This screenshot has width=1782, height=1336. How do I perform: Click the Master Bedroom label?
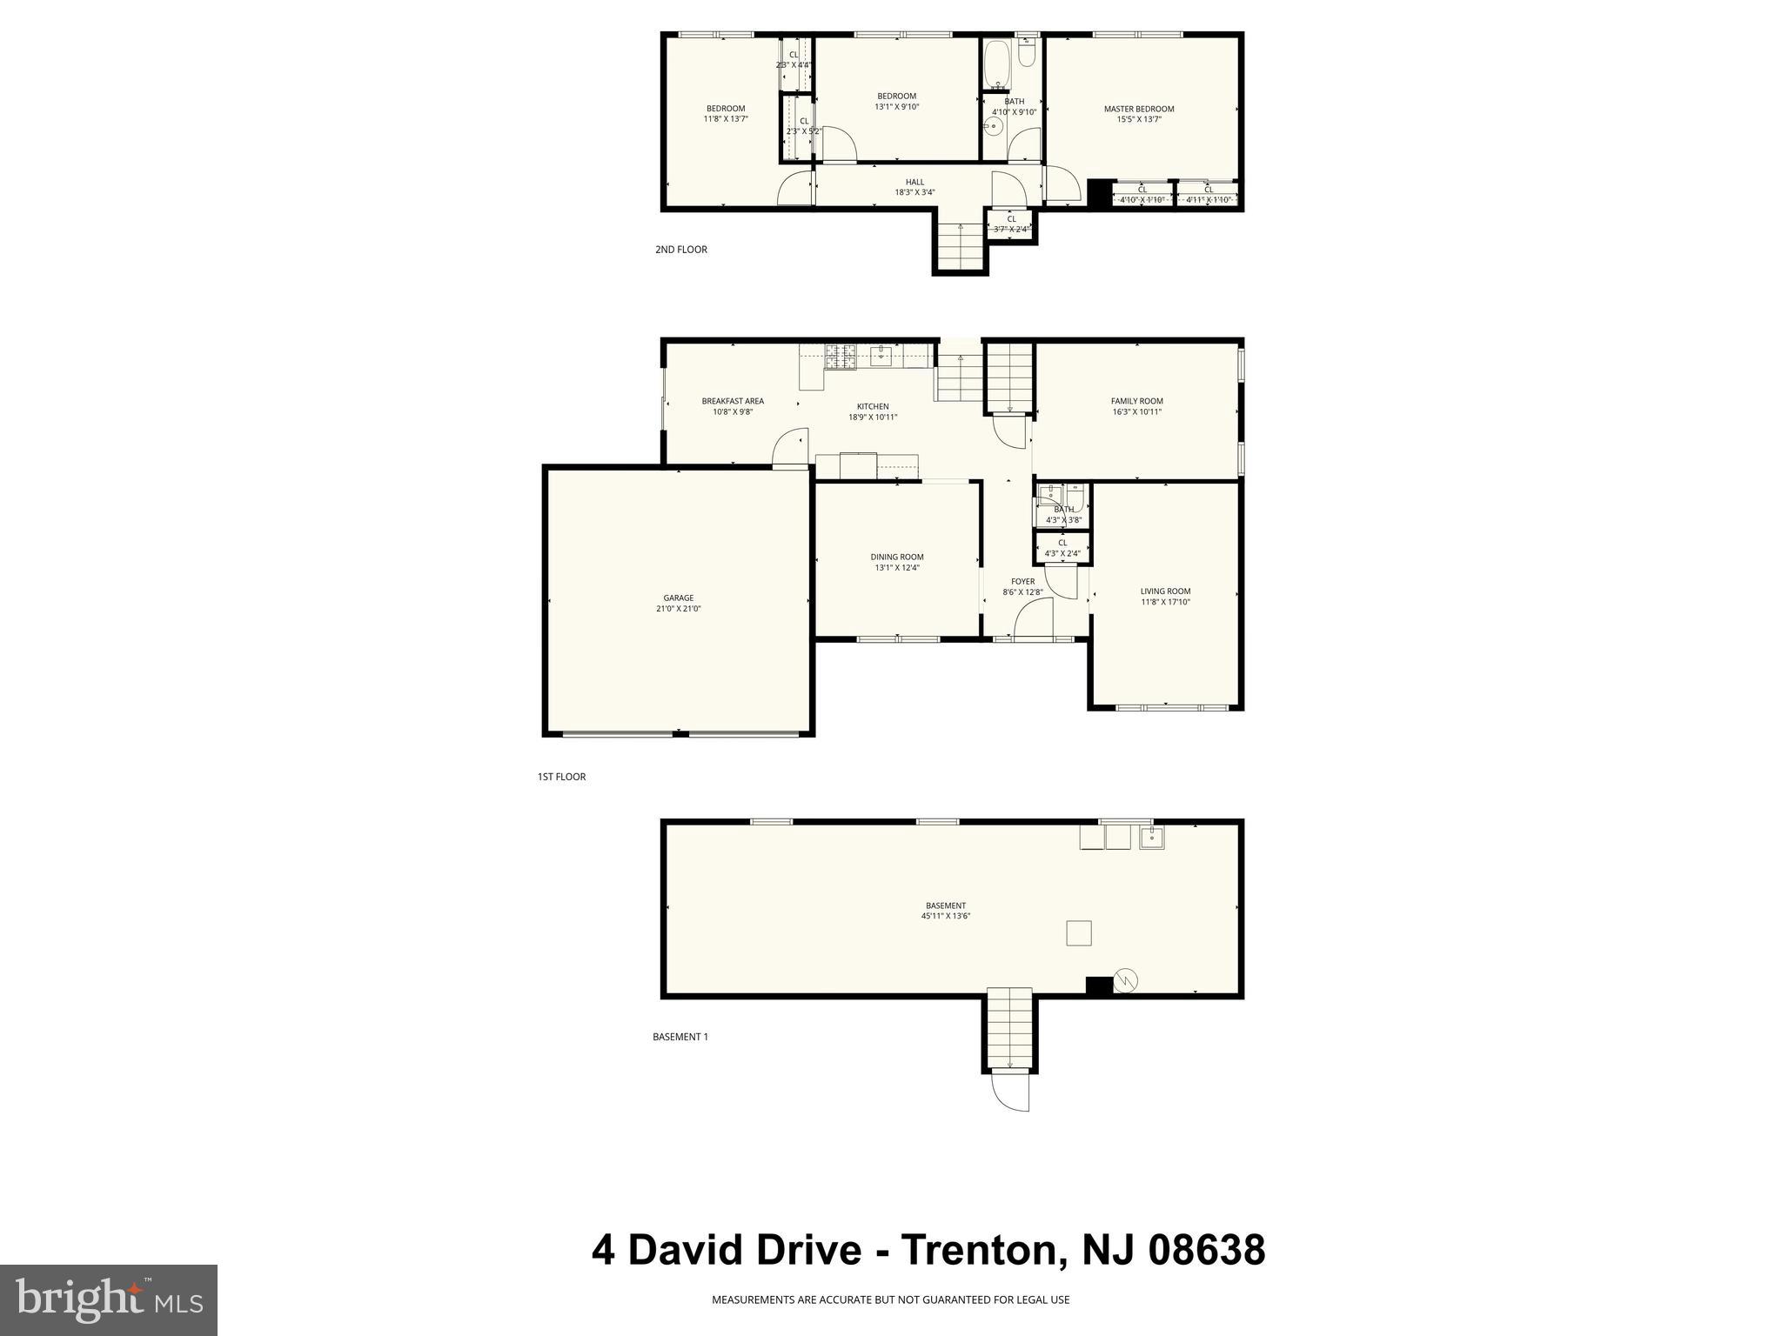click(1138, 109)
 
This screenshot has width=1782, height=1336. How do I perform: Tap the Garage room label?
click(678, 598)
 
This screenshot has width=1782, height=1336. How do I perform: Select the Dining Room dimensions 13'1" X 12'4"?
click(896, 568)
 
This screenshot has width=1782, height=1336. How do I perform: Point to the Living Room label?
click(1165, 591)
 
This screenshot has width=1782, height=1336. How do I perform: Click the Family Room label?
click(1136, 401)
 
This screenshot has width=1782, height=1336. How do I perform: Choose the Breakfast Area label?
click(733, 401)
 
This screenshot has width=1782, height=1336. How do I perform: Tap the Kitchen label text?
click(873, 406)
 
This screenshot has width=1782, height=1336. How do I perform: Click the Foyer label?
click(1022, 581)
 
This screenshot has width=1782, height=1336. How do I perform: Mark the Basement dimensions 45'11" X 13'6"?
click(945, 916)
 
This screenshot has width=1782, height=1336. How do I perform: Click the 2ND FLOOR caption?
click(680, 250)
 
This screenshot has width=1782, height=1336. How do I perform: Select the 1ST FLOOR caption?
click(561, 777)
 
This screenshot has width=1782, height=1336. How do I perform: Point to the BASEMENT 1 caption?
click(680, 1037)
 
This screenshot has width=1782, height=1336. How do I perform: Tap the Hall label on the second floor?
click(914, 182)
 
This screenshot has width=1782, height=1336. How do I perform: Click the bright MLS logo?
click(109, 1300)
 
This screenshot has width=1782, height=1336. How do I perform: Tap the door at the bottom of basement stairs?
click(1010, 1092)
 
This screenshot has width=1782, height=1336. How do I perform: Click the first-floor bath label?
click(1063, 510)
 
